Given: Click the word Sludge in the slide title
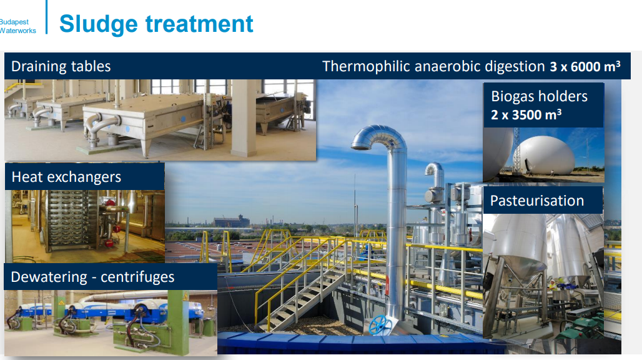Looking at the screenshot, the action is (x=98, y=24).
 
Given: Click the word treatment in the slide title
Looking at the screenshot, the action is (x=199, y=24).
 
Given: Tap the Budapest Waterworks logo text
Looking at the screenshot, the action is (x=18, y=26).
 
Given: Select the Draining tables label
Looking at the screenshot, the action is (x=61, y=66).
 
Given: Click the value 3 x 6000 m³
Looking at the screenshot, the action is (x=585, y=66).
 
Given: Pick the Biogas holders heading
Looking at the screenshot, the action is (x=539, y=96).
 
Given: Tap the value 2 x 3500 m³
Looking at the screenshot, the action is (x=526, y=114).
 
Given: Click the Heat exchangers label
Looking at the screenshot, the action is (x=66, y=177).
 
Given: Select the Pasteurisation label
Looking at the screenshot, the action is (x=537, y=201).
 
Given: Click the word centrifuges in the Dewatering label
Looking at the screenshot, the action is (x=137, y=277).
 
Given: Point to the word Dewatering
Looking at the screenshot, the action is (x=49, y=277).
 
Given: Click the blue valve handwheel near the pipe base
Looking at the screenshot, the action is (x=378, y=325).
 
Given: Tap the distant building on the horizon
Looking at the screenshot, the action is (x=231, y=222).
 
